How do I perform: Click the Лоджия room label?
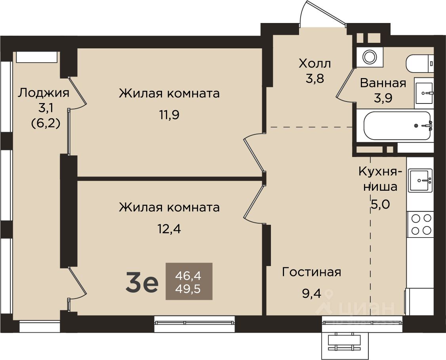44,93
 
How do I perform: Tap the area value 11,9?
169,115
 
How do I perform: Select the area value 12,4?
170,229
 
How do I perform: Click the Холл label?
315,63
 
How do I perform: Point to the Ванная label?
383,83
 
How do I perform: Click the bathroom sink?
424,93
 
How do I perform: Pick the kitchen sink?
420,180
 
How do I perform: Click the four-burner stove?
420,224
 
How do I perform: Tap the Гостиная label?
311,272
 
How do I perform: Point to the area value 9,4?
311,293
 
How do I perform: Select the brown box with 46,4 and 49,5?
189,281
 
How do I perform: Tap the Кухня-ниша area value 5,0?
380,204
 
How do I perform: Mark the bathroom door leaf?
345,82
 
